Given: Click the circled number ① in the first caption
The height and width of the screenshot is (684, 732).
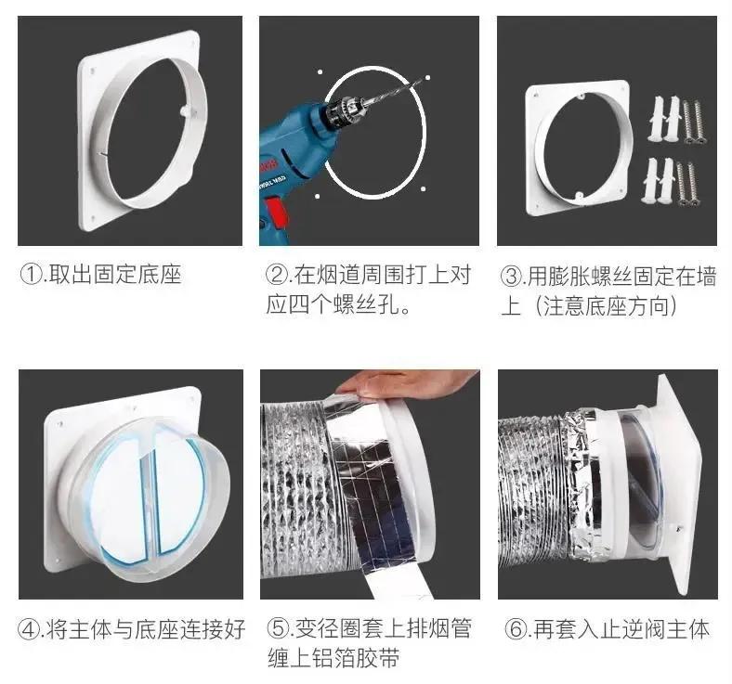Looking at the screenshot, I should coord(31,274).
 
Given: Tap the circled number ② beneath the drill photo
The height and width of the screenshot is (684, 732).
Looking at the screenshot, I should coord(276,274).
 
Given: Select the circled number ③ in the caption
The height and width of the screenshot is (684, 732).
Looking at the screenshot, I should coord(512,276).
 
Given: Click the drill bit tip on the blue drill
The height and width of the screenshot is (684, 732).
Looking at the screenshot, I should coord(417,84).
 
